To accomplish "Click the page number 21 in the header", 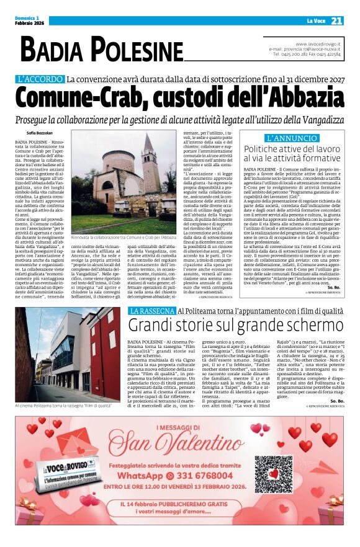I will click(x=337, y=21).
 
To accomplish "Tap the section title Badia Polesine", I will click(x=102, y=50).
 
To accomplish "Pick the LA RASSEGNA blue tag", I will click(x=151, y=311).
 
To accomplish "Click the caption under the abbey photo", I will click(x=124, y=238).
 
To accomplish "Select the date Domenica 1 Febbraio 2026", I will click(x=31, y=21).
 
